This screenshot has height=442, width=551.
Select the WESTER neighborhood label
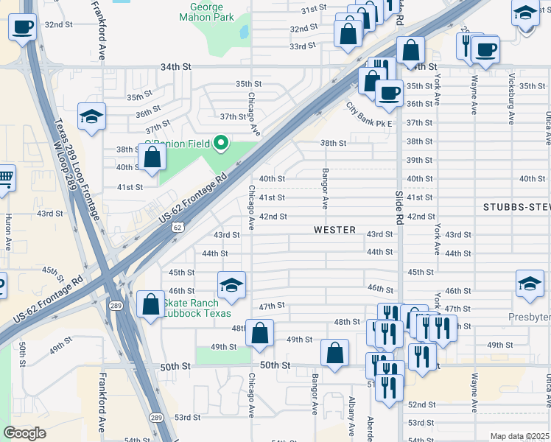coord(335,230)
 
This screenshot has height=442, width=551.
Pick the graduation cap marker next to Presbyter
coord(530,284)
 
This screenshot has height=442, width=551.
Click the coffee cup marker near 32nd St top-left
coord(23,28)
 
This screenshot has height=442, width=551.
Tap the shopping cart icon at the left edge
coord(4,177)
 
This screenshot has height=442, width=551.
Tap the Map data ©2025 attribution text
coord(519,436)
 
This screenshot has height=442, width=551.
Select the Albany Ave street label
coord(352,417)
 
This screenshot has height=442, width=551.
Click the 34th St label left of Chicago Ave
coord(176,67)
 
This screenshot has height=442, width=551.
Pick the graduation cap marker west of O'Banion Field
coord(92,117)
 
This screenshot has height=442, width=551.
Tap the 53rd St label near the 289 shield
coord(187,417)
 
